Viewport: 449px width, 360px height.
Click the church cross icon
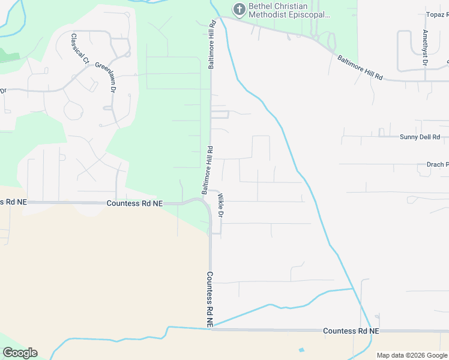pyautogui.click(x=238, y=9)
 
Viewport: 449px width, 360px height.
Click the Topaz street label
pyautogui.click(x=436, y=14)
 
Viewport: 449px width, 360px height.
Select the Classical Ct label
pyautogui.click(x=80, y=49)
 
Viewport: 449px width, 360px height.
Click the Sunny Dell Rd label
pyautogui.click(x=420, y=137)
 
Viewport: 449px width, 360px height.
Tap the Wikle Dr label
pyautogui.click(x=220, y=205)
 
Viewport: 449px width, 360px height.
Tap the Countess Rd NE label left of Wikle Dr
pyautogui.click(x=134, y=203)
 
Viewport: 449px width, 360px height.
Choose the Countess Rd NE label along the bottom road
pyautogui.click(x=351, y=331)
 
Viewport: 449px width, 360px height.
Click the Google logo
pyautogui.click(x=20, y=353)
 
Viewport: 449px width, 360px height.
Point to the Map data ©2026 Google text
pyautogui.click(x=412, y=355)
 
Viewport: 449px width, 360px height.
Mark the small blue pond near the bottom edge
pyautogui.click(x=301, y=350)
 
